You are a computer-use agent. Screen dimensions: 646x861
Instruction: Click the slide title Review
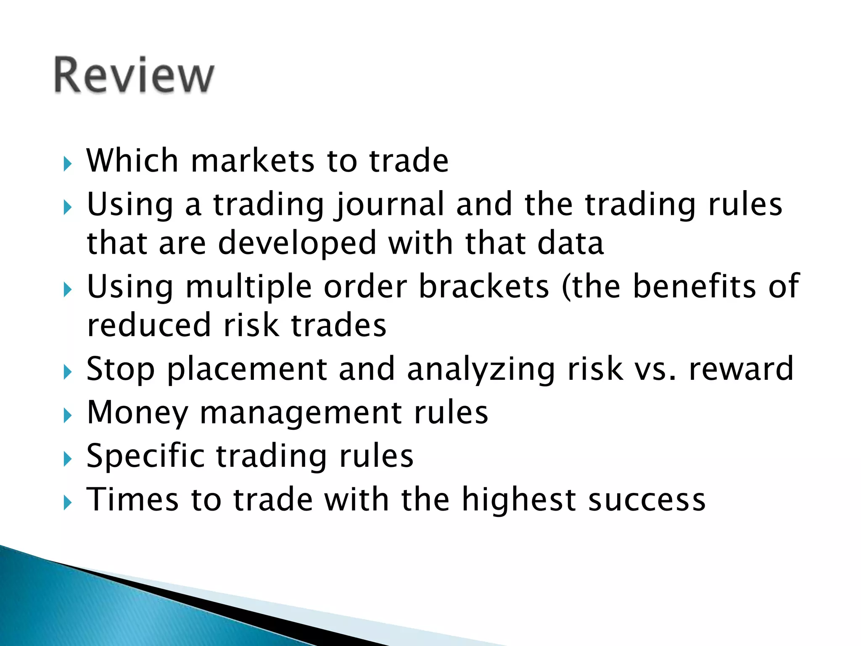(134, 76)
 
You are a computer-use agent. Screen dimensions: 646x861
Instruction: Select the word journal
(389, 205)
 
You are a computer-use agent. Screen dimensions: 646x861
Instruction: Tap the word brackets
(484, 287)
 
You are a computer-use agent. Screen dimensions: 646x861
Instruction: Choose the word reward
(741, 369)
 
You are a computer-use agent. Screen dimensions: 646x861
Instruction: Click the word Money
(137, 413)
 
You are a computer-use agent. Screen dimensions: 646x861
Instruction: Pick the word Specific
(145, 457)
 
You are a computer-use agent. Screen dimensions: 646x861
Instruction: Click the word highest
(519, 500)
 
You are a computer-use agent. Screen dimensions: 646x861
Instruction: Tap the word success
(647, 500)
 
